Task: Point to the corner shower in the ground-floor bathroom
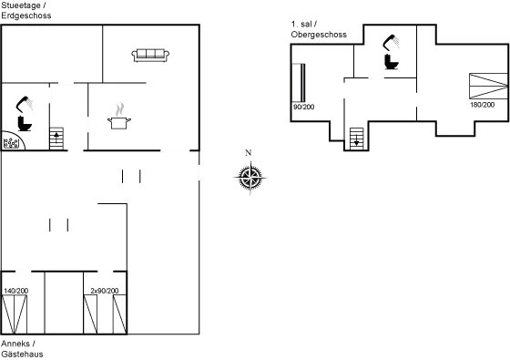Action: coord(11,142)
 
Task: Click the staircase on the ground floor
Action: coord(56,139)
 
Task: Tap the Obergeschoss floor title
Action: coord(317,29)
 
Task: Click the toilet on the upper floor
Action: coord(392,50)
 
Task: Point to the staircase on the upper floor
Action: coord(356,138)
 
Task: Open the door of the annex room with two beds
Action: coord(107,272)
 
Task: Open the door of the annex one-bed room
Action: coord(25,272)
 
